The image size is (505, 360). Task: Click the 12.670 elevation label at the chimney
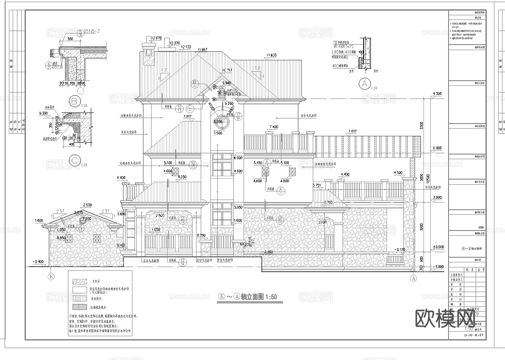coord(156,38)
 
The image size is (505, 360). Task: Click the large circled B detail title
coord(75,101)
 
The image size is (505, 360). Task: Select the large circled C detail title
coord(75,160)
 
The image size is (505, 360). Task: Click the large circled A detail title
coord(364,84)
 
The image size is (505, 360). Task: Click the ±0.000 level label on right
coord(437,247)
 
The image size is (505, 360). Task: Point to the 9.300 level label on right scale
coord(437,93)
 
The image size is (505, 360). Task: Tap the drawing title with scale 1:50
coord(247,297)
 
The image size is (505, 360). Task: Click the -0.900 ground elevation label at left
coord(39,261)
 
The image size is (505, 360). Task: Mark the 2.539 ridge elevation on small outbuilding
coord(87,205)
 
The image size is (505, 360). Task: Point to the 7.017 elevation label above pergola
coord(352,131)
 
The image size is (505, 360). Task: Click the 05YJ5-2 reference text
coord(91,31)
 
